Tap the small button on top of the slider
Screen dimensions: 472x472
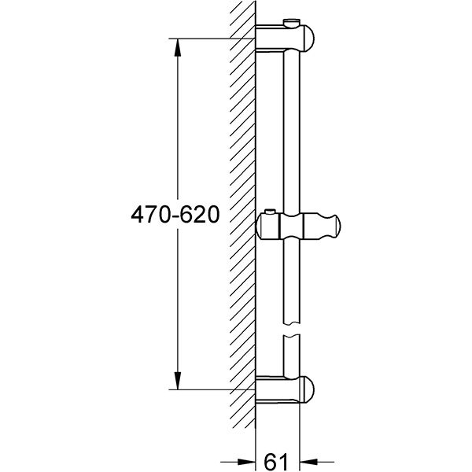click(x=271, y=212)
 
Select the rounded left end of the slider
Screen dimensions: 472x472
click(x=263, y=227)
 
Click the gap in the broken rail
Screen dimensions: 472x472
click(x=290, y=329)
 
